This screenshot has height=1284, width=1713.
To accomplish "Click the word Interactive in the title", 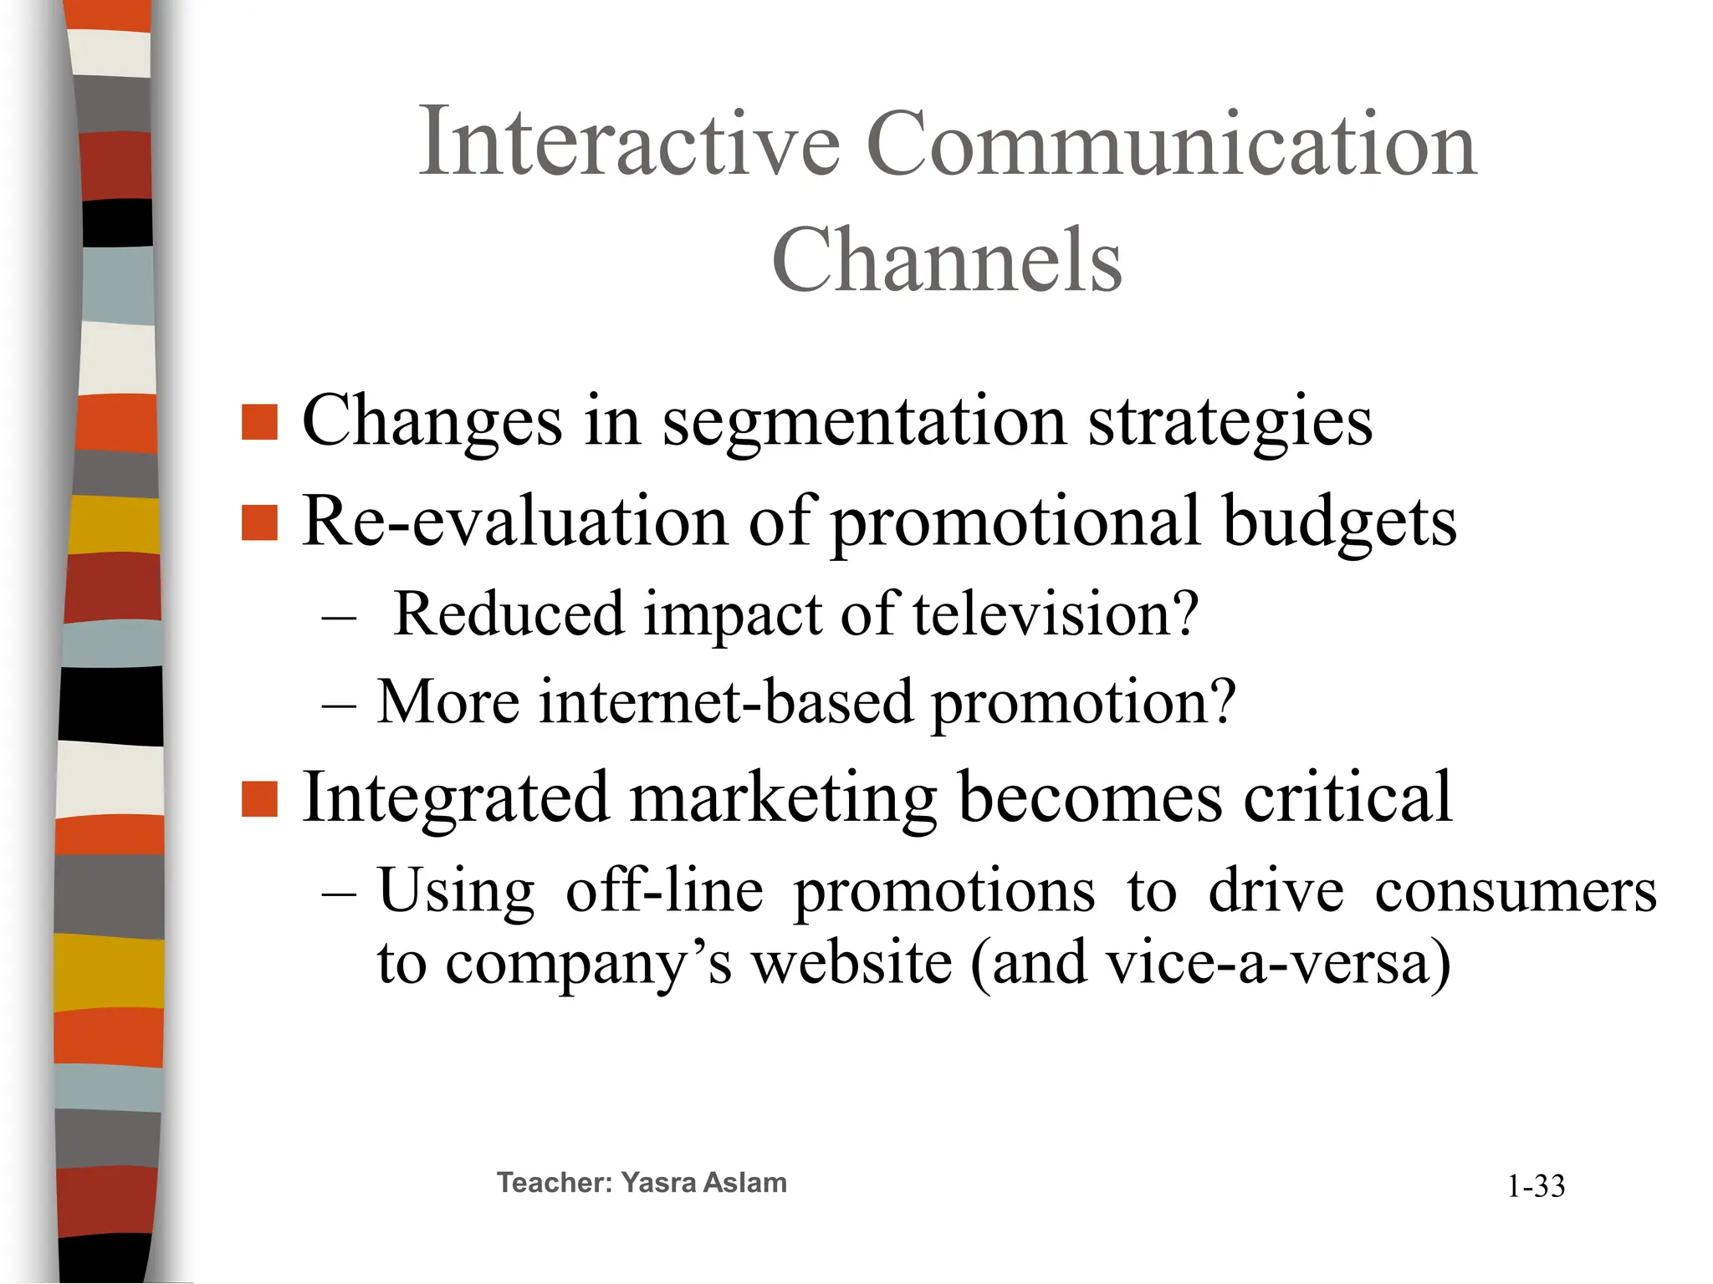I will click(x=629, y=143).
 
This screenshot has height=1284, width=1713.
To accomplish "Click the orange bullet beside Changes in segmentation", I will click(x=259, y=422).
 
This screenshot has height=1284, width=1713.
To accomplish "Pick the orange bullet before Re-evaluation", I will click(x=259, y=523).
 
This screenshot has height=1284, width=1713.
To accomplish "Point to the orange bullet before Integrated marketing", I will click(x=259, y=798).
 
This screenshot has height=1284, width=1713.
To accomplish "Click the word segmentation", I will click(x=864, y=422).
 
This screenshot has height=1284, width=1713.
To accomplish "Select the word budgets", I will click(x=1338, y=522).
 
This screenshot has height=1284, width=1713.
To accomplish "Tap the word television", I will click(x=1056, y=614).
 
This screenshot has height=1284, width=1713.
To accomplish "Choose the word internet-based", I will click(x=726, y=701).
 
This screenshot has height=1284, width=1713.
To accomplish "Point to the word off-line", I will click(x=664, y=891).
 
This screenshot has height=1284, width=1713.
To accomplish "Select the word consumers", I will click(x=1516, y=891).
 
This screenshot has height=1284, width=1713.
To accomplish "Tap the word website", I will click(x=851, y=963).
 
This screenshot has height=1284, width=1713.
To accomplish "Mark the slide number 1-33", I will click(x=1536, y=1186).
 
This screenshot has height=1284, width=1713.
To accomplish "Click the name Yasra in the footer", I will click(x=658, y=1183).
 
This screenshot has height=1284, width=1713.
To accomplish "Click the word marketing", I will click(x=783, y=798).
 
